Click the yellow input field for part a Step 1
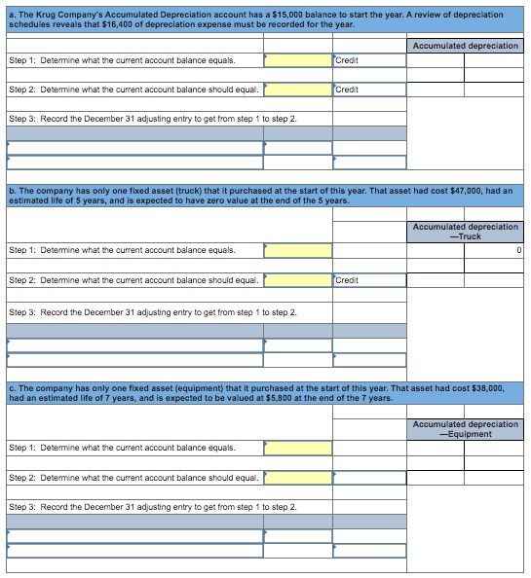point(298,60)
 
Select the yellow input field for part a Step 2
point(298,90)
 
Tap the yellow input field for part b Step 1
point(298,250)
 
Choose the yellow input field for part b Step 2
point(298,280)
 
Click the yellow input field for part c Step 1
point(298,448)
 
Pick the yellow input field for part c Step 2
point(298,478)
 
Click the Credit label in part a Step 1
point(347,60)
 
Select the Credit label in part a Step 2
point(347,90)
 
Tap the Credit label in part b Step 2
point(347,280)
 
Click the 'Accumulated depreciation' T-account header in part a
point(466,46)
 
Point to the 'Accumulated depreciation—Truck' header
point(466,232)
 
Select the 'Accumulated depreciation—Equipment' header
point(466,429)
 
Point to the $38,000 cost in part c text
point(485,388)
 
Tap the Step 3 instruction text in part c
point(152,507)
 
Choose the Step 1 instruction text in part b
point(122,250)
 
